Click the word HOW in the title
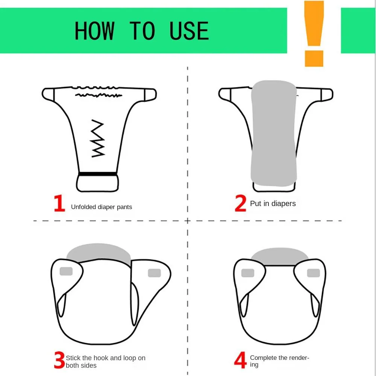(x=94, y=31)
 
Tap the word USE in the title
(x=189, y=31)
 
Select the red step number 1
(x=59, y=203)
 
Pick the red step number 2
(x=240, y=203)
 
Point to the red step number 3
(x=59, y=361)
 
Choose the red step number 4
(x=240, y=361)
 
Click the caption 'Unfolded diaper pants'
(x=102, y=207)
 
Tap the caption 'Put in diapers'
(x=273, y=203)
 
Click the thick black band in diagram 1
(x=97, y=174)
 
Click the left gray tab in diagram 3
(x=66, y=271)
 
